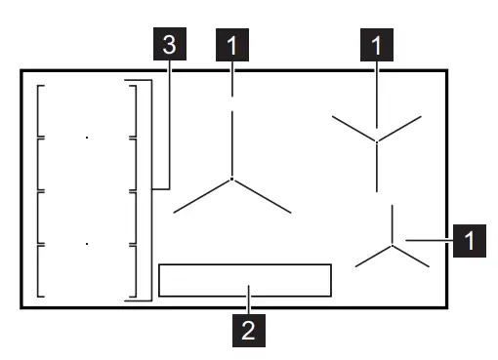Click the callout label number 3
(170, 45)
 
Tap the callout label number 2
(249, 330)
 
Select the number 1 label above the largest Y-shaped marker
(231, 45)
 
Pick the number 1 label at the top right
(377, 45)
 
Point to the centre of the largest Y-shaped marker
(231, 179)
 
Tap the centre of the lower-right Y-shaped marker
(391, 244)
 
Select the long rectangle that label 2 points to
(245, 279)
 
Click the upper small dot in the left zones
(86, 138)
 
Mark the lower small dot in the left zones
(86, 243)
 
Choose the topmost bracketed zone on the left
(86, 111)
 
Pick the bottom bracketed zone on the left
(86, 269)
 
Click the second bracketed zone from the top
(86, 164)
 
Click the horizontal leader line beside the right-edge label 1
(430, 239)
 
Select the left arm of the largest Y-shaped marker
(202, 195)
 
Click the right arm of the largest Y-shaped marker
(262, 195)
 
